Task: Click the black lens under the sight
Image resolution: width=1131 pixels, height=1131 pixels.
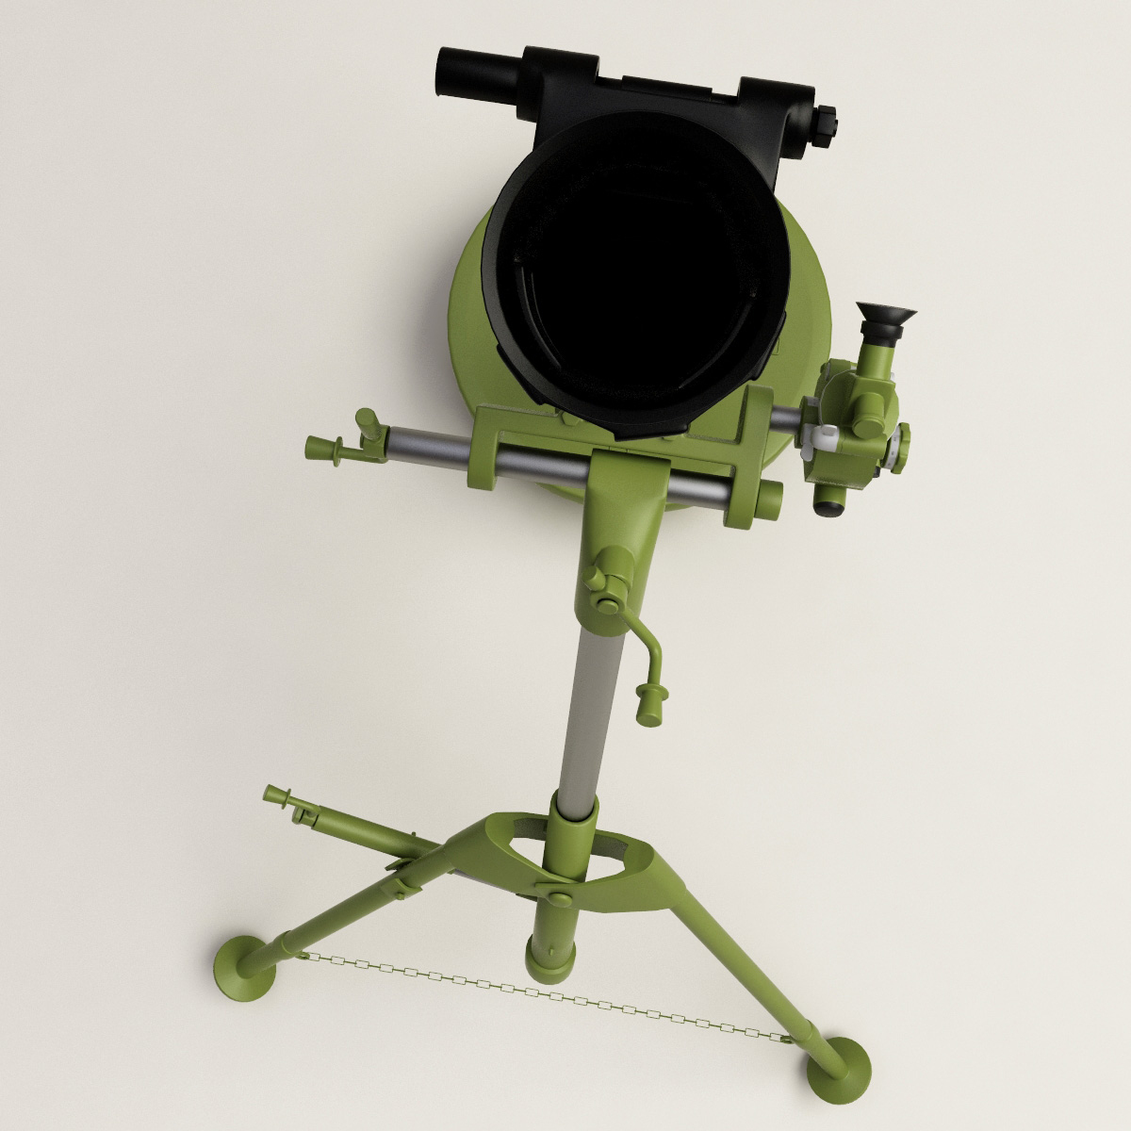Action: pos(830,506)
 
